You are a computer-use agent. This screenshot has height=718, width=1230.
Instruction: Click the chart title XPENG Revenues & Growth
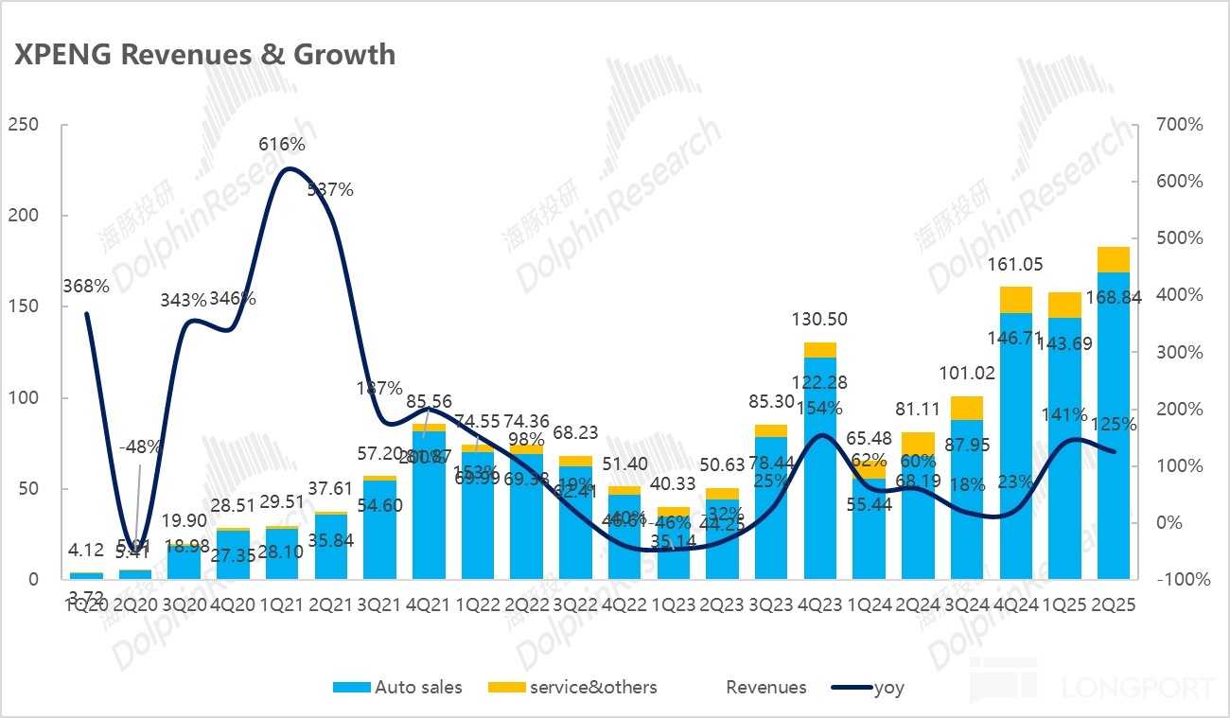[204, 54]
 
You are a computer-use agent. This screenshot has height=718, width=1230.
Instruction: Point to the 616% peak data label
[282, 145]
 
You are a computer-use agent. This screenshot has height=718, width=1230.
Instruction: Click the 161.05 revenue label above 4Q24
[1016, 265]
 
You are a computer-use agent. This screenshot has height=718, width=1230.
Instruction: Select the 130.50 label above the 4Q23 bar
[819, 320]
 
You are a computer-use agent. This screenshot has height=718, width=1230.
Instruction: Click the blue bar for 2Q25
[1114, 426]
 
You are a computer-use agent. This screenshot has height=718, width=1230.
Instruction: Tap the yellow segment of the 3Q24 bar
[967, 408]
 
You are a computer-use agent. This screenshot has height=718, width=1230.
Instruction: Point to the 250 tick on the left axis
[22, 125]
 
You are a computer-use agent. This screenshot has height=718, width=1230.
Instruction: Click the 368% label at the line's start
[86, 286]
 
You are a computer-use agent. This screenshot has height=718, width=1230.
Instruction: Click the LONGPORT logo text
[1137, 687]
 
